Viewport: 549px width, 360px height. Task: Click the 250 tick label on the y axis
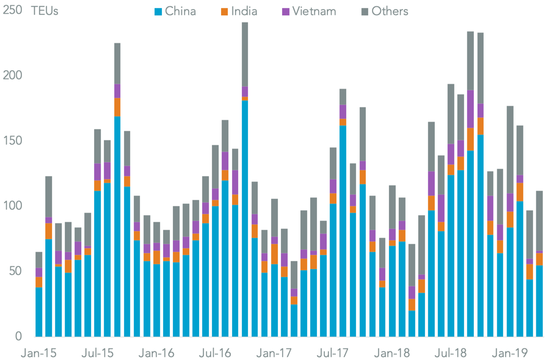tap(12, 10)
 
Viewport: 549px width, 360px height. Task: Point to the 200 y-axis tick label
tap(12, 76)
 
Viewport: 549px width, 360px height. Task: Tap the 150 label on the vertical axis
tap(12, 141)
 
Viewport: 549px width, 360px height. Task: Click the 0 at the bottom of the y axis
tap(19, 336)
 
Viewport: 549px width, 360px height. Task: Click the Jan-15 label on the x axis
tap(39, 353)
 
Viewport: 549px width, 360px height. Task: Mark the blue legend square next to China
tap(158, 11)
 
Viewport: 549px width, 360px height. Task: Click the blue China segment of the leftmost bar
tap(39, 312)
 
